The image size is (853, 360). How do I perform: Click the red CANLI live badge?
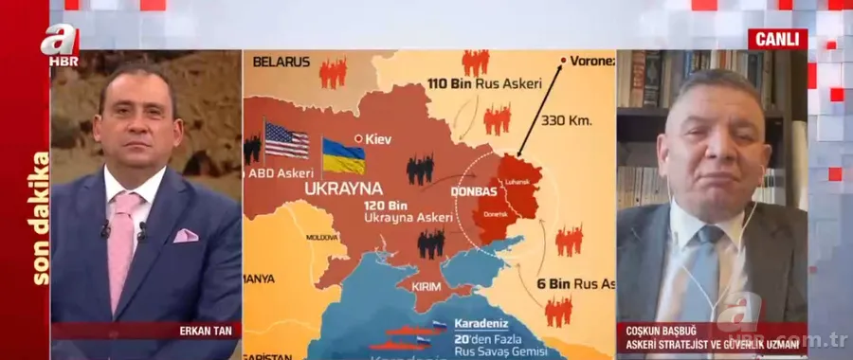pyautogui.click(x=777, y=39)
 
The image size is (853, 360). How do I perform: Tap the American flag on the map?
pyautogui.click(x=286, y=140)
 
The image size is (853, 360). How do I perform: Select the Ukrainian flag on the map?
pyautogui.click(x=343, y=155)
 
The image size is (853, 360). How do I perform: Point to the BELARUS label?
pyautogui.click(x=281, y=62)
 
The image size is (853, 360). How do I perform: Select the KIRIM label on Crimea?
pyautogui.click(x=426, y=285)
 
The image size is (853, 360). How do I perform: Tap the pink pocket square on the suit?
pyautogui.click(x=186, y=235)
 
